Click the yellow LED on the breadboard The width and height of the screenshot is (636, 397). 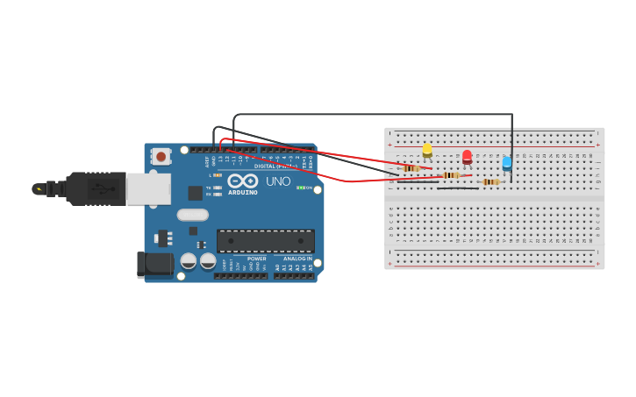[x=427, y=150]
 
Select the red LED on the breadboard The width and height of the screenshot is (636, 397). [x=467, y=157]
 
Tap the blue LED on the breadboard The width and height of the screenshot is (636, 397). [x=507, y=163]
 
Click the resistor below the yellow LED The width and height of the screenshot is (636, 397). [x=411, y=168]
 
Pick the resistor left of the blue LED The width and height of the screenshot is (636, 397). [x=490, y=182]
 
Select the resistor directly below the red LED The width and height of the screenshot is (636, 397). [x=451, y=175]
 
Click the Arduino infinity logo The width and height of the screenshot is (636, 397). [x=242, y=181]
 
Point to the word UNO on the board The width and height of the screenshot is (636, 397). [x=278, y=181]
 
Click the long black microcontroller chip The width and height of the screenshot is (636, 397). [x=265, y=241]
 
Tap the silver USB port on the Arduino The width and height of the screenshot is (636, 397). [x=147, y=188]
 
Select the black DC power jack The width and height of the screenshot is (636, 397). [x=154, y=265]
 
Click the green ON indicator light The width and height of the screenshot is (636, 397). [x=301, y=188]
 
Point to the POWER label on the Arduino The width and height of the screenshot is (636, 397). [x=256, y=259]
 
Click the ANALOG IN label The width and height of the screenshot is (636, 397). [x=297, y=259]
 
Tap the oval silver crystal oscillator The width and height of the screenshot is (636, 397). [x=192, y=215]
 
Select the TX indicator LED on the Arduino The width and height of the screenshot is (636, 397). [x=217, y=188]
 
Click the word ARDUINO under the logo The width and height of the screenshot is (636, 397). [x=242, y=193]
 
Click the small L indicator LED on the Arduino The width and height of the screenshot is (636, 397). [x=217, y=175]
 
